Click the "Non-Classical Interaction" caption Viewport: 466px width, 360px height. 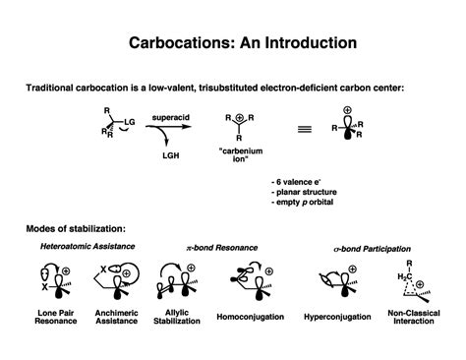pyautogui.click(x=415, y=322)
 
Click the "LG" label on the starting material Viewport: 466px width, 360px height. pyautogui.click(x=129, y=119)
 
